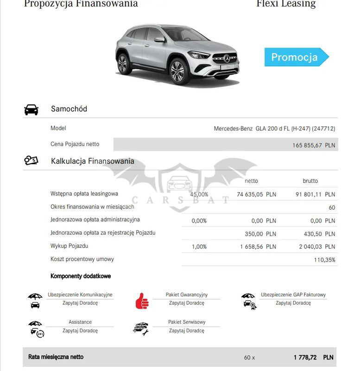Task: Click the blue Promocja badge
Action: click(x=295, y=58)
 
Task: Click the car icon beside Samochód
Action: click(x=31, y=110)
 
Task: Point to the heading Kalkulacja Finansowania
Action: click(x=93, y=161)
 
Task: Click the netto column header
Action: click(x=251, y=181)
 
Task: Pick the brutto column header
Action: click(x=310, y=181)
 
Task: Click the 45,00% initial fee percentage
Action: click(x=199, y=194)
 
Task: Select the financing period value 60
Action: click(x=332, y=208)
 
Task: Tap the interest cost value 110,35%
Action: click(x=324, y=260)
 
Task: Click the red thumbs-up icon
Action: click(x=142, y=301)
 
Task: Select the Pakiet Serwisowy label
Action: click(x=187, y=322)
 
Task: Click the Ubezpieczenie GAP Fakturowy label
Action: click(x=293, y=294)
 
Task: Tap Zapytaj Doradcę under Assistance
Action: click(x=80, y=331)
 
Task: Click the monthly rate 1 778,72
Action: click(x=305, y=358)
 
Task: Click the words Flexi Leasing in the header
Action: click(x=286, y=4)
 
